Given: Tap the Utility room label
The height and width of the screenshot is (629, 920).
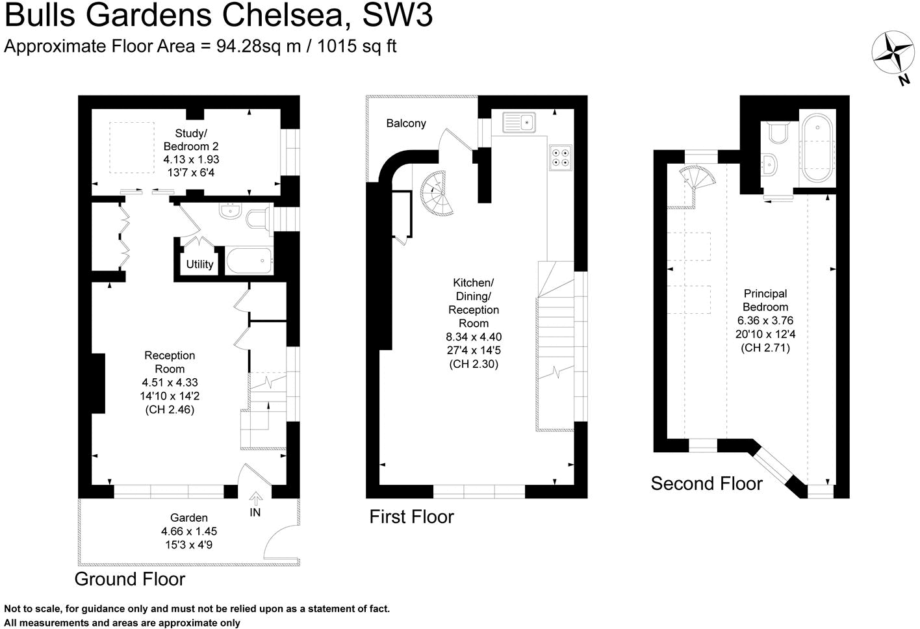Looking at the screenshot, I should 199,264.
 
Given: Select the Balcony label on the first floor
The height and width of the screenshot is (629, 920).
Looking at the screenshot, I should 406,123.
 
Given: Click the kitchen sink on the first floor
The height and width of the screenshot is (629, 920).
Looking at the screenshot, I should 518,122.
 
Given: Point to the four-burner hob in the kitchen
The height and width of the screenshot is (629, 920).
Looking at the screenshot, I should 560,157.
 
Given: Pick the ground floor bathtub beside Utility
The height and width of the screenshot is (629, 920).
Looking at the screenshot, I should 249,261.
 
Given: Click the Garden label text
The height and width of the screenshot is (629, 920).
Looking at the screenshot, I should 189,518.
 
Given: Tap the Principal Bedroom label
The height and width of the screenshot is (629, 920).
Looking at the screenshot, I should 765,300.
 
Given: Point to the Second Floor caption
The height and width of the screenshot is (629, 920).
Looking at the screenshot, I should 706,484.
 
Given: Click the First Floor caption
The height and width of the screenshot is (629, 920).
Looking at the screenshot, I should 411,517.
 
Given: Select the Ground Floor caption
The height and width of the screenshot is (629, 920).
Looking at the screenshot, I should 130,579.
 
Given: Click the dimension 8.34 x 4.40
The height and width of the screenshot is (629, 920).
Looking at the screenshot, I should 474,337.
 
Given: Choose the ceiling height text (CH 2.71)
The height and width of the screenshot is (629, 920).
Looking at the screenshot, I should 765,348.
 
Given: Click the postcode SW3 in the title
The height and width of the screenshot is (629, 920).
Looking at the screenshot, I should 397,16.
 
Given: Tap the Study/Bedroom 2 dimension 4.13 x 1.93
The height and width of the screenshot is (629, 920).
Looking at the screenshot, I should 191,159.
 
